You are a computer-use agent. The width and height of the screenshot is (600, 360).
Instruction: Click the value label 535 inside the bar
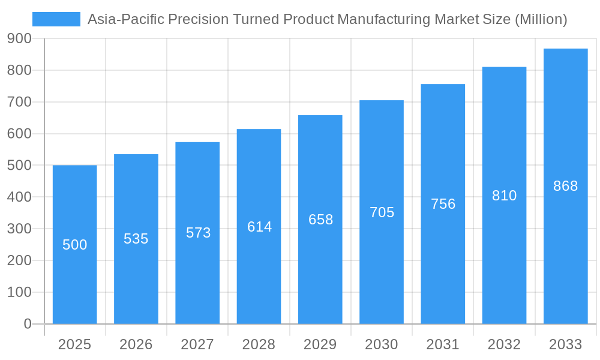pyautogui.click(x=136, y=239)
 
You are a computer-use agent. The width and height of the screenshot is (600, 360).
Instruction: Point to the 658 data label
pyautogui.click(x=320, y=220)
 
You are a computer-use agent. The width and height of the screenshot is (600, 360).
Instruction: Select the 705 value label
pyautogui.click(x=382, y=212)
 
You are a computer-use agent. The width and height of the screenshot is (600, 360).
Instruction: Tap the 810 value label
pyautogui.click(x=504, y=196)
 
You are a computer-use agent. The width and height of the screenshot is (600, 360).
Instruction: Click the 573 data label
pyautogui.click(x=198, y=233)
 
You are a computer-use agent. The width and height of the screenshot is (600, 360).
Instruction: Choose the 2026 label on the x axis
pyautogui.click(x=136, y=344)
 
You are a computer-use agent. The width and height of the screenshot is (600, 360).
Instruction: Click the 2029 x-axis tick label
pyautogui.click(x=320, y=344)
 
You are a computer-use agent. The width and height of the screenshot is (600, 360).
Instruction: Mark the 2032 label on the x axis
pyautogui.click(x=504, y=344)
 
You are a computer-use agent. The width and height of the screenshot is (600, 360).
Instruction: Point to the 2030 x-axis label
pyautogui.click(x=382, y=344)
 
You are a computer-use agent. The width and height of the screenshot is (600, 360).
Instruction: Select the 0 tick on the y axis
pyautogui.click(x=28, y=324)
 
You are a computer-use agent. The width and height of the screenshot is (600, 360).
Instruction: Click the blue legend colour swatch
pyautogui.click(x=56, y=19)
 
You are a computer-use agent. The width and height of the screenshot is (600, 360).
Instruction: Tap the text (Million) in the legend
pyautogui.click(x=541, y=19)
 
